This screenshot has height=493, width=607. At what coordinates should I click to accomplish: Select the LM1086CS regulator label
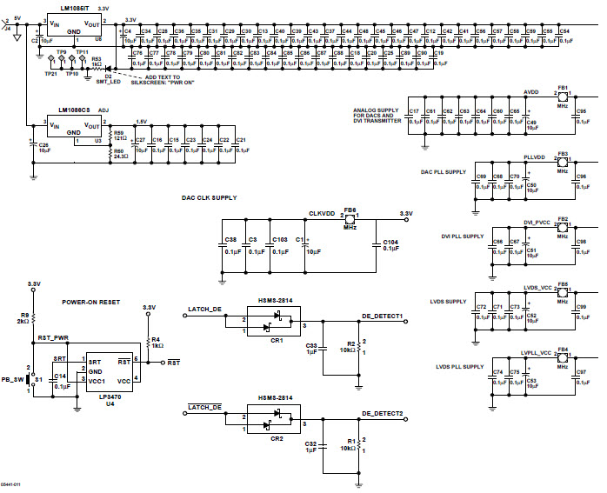pyautogui.click(x=75, y=111)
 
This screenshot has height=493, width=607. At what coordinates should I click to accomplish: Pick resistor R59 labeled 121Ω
pyautogui.click(x=118, y=137)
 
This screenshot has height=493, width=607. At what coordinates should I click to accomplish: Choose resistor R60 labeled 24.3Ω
pyautogui.click(x=118, y=154)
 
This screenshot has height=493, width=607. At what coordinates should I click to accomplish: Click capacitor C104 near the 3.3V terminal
pyautogui.click(x=390, y=243)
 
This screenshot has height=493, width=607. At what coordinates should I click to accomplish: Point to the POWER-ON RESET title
pyautogui.click(x=90, y=303)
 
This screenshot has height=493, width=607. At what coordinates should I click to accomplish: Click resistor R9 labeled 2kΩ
pyautogui.click(x=25, y=317)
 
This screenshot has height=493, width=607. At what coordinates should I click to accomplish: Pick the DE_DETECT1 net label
pyautogui.click(x=382, y=316)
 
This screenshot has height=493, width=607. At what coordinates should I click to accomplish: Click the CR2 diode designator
pyautogui.click(x=277, y=439)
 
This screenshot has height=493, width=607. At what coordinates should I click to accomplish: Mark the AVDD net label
pyautogui.click(x=530, y=91)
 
